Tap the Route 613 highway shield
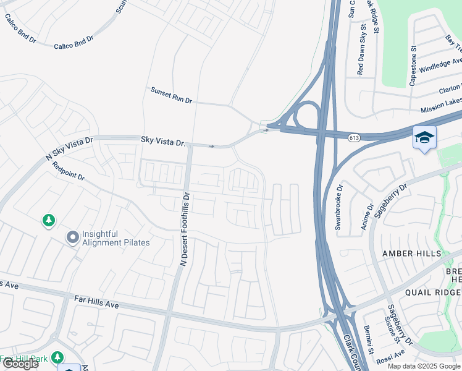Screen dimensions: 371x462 (354, 137)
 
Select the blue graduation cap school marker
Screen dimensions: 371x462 (424, 137)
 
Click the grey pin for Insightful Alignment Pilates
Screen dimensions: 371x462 (73, 237)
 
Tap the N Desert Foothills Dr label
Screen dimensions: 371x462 (184, 229)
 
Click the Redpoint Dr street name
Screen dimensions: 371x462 (68, 171)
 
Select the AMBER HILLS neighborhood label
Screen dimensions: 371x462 (412, 254)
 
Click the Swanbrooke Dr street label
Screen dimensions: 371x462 (338, 207)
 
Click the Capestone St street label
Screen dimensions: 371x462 (413, 65)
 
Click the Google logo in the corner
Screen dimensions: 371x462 (20, 364)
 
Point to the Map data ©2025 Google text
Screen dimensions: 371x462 (424, 366)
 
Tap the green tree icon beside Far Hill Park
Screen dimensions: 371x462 (57, 357)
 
